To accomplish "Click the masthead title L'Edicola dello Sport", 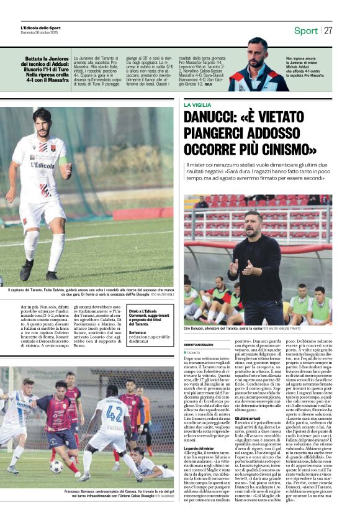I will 41,27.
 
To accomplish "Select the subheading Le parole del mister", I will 200,447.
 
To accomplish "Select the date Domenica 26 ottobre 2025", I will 40,32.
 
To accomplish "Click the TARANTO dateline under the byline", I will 199,352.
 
